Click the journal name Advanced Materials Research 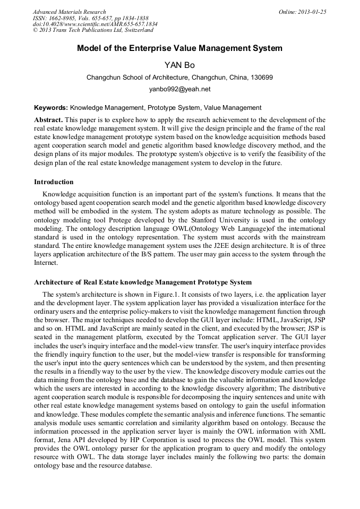pyautogui.click(x=69, y=12)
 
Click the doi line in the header pyautogui.click(x=95, y=24)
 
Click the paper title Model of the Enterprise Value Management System pyautogui.click(x=179, y=48)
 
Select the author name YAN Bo pyautogui.click(x=179, y=65)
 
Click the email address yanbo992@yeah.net pyautogui.click(x=179, y=89)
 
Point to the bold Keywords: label pyautogui.click(x=51, y=108)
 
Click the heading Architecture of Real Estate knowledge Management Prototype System pyautogui.click(x=143, y=282)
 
